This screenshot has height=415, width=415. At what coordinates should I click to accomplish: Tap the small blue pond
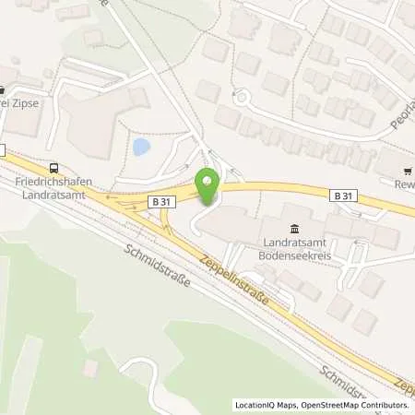coord(141,147)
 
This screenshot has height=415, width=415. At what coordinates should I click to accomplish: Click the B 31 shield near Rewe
coord(340,195)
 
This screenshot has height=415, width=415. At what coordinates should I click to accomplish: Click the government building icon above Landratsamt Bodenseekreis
coord(293,229)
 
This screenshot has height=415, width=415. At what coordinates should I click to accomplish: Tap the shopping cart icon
coord(408,170)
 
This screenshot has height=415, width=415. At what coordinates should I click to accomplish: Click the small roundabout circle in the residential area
coord(243,97)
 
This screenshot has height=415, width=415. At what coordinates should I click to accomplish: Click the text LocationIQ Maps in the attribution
coord(263,405)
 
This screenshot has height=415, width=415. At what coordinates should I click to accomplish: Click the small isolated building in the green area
coord(89,369)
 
